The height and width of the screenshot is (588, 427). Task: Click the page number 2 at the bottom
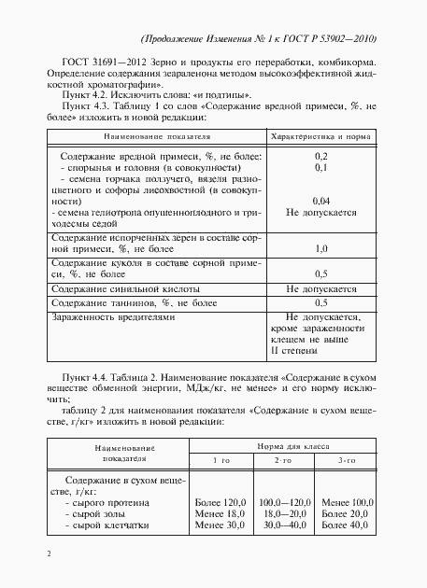point(47,554)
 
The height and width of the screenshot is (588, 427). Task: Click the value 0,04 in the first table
point(320,201)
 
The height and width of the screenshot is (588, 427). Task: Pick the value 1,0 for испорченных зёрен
point(320,249)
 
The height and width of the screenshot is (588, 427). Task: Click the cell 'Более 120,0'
point(221,502)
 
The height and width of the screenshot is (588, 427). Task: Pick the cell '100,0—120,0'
point(284,502)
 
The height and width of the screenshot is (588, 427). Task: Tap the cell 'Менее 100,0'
point(347,502)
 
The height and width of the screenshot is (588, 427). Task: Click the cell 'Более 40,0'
point(347,526)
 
